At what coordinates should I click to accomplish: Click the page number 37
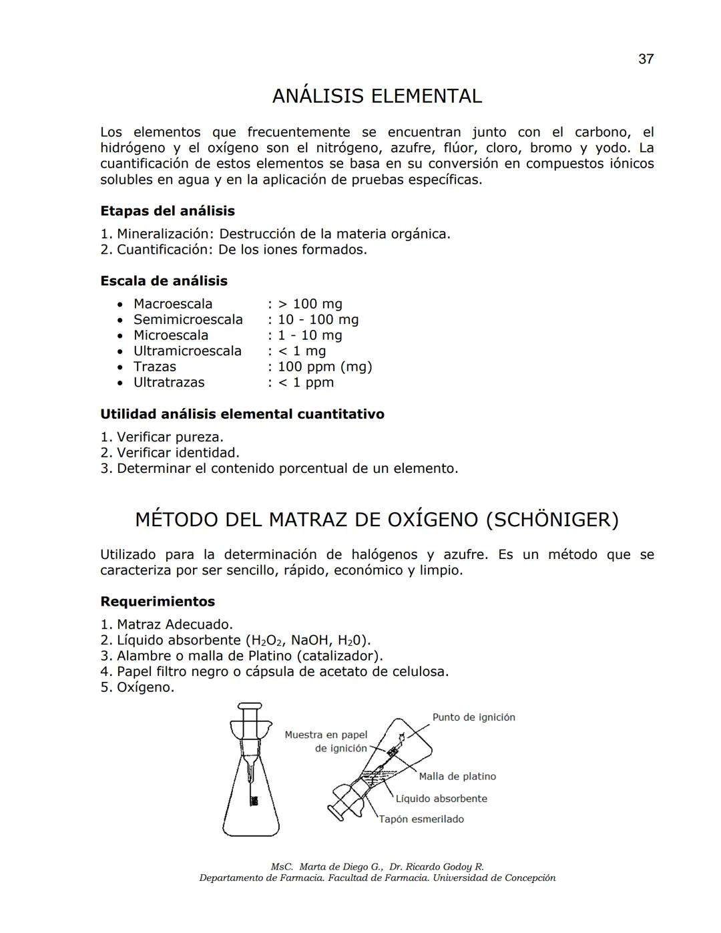click(x=646, y=59)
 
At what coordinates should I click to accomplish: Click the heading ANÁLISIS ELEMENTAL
click(x=377, y=96)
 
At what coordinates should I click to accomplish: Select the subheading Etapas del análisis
click(x=167, y=211)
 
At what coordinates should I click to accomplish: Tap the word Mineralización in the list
click(x=163, y=234)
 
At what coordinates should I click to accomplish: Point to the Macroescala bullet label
click(x=172, y=304)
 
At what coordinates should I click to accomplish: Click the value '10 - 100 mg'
click(x=318, y=320)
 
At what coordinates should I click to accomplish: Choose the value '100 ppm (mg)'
click(x=324, y=367)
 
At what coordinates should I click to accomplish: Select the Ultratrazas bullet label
click(x=168, y=383)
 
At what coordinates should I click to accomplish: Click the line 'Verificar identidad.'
click(x=178, y=453)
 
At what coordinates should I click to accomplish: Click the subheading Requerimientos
click(x=158, y=602)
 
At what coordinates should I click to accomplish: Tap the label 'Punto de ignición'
click(x=473, y=717)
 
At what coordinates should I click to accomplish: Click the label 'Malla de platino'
click(x=457, y=776)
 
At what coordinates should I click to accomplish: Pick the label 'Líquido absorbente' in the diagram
click(x=441, y=799)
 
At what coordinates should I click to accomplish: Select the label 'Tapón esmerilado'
click(x=421, y=819)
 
